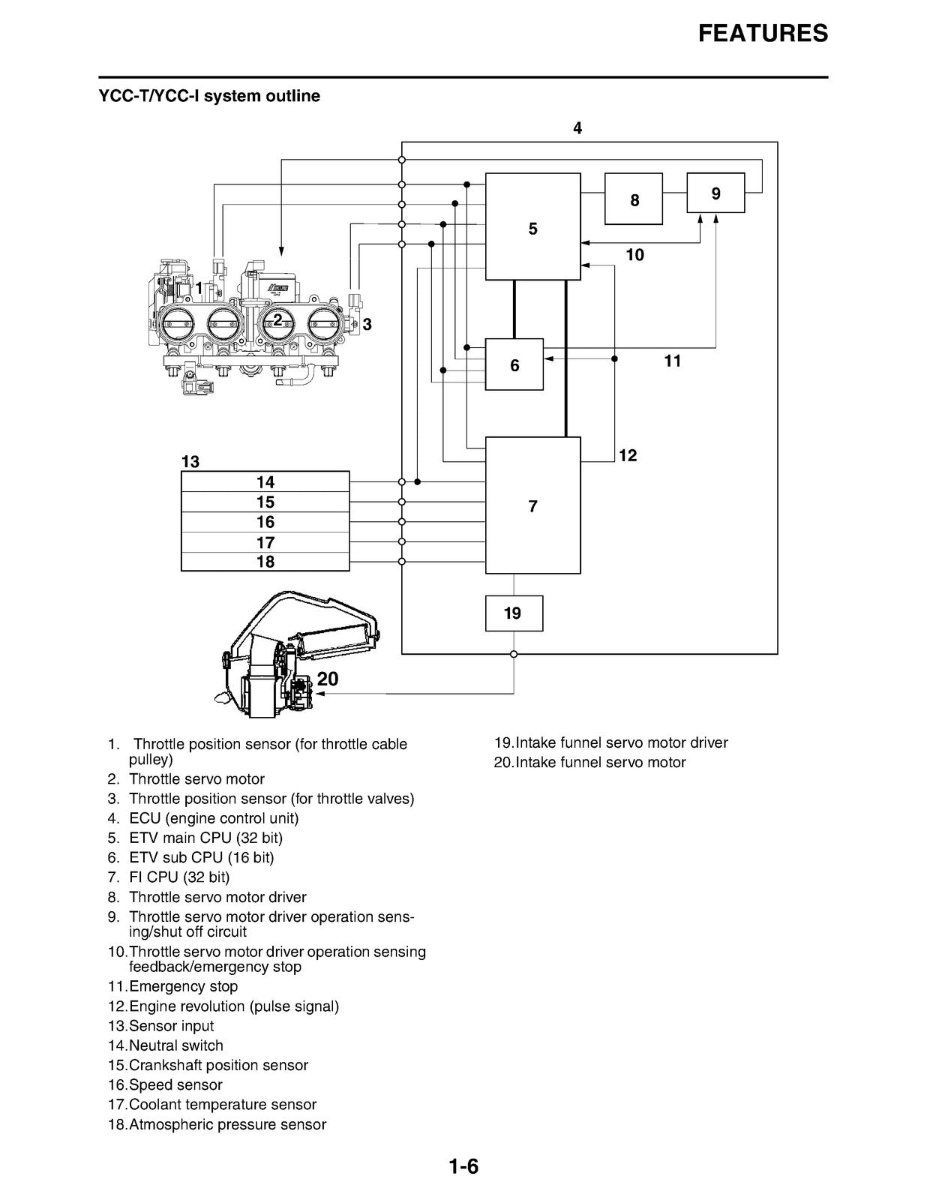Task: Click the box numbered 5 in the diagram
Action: (x=532, y=226)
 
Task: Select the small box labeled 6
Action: (x=514, y=364)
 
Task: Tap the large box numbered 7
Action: (x=532, y=505)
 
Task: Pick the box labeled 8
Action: (x=633, y=199)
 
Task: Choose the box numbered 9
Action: (x=715, y=193)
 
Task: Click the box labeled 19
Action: (x=514, y=613)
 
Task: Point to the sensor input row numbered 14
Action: (x=265, y=481)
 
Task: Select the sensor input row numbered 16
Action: (x=265, y=522)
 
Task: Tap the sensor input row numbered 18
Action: (x=265, y=562)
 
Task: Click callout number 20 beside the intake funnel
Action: (x=328, y=679)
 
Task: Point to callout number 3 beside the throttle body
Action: (x=367, y=325)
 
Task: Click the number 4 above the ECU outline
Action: (x=577, y=128)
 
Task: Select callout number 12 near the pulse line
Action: (x=628, y=455)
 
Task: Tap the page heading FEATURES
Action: (x=763, y=33)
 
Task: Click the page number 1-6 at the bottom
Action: (x=463, y=1167)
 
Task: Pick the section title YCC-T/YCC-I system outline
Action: (x=209, y=96)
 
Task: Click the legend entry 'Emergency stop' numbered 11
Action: (x=172, y=986)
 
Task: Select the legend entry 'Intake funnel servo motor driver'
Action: (x=611, y=742)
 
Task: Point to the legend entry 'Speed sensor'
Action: (x=165, y=1084)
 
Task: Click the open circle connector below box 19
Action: (x=514, y=655)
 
